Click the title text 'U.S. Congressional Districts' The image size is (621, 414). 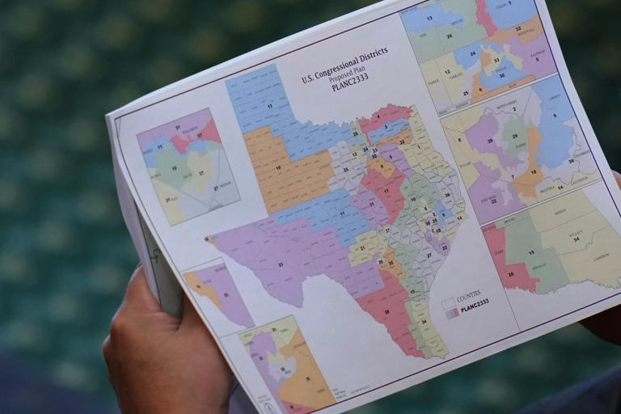[x=344, y=65]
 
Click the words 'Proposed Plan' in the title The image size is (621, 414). [x=348, y=75]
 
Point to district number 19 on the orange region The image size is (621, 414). [x=279, y=169]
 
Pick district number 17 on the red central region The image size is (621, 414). [x=386, y=192]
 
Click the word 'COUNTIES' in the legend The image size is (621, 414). [x=468, y=295]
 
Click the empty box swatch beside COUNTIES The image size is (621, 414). [x=448, y=302]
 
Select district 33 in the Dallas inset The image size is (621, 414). [x=496, y=59]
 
